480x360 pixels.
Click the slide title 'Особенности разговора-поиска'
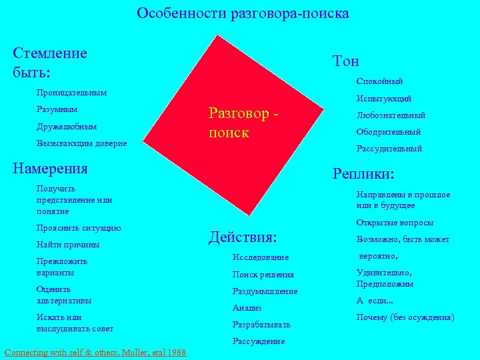pyautogui.click(x=243, y=13)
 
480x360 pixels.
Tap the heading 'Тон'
pyautogui.click(x=345, y=61)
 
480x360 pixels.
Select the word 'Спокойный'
pyautogui.click(x=379, y=81)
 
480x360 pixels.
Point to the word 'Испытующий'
pyautogui.click(x=384, y=99)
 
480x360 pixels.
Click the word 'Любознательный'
pyautogui.click(x=391, y=115)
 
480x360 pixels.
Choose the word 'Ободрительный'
pyautogui.click(x=388, y=132)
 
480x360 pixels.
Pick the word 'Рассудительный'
pyautogui.click(x=389, y=149)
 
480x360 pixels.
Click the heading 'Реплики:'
pyautogui.click(x=363, y=174)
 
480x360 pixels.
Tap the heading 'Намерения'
pyautogui.click(x=51, y=168)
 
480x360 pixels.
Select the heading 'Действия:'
pyautogui.click(x=243, y=237)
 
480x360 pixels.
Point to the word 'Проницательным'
pyautogui.click(x=71, y=92)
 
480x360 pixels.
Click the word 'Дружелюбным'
pyautogui.click(x=67, y=126)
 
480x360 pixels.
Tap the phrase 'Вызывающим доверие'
pyautogui.click(x=81, y=143)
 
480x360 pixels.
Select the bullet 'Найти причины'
pyautogui.click(x=68, y=245)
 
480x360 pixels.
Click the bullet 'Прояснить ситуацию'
pyautogui.click(x=79, y=228)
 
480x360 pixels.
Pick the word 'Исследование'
pyautogui.click(x=261, y=257)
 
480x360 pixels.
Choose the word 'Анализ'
pyautogui.click(x=247, y=308)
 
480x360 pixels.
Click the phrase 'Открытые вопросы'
pyautogui.click(x=395, y=223)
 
